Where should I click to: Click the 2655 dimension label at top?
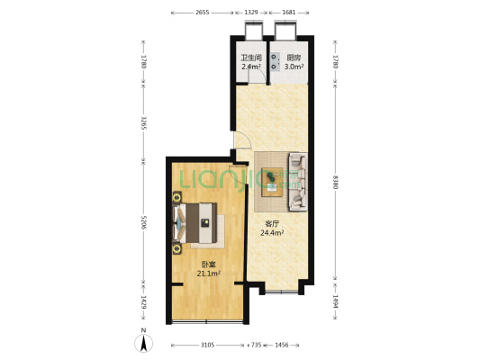[202, 13]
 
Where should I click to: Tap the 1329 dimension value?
[251, 13]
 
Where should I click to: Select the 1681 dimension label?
[289, 13]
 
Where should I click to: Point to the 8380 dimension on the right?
[335, 182]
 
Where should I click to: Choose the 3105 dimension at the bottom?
[207, 345]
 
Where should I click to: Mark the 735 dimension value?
[257, 345]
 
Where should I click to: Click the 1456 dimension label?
[282, 345]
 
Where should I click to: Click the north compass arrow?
[143, 343]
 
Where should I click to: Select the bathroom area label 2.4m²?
[251, 67]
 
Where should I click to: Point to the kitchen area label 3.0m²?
[294, 67]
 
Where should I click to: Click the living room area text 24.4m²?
[272, 233]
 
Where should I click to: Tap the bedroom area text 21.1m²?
[209, 273]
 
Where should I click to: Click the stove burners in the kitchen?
[274, 61]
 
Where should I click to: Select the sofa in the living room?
[298, 182]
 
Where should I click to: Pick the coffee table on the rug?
[273, 182]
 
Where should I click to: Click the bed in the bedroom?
[195, 223]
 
